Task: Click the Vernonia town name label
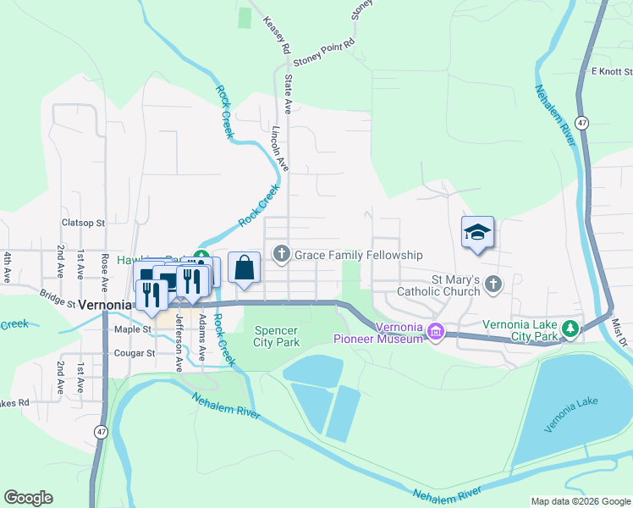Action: (103, 306)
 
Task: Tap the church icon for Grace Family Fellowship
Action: (281, 254)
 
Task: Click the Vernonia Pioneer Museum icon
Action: (436, 330)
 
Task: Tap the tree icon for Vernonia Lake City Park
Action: (571, 329)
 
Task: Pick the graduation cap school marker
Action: (477, 232)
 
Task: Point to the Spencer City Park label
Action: (276, 336)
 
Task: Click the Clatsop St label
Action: (82, 224)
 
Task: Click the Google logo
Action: (28, 498)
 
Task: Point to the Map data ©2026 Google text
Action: (580, 501)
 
